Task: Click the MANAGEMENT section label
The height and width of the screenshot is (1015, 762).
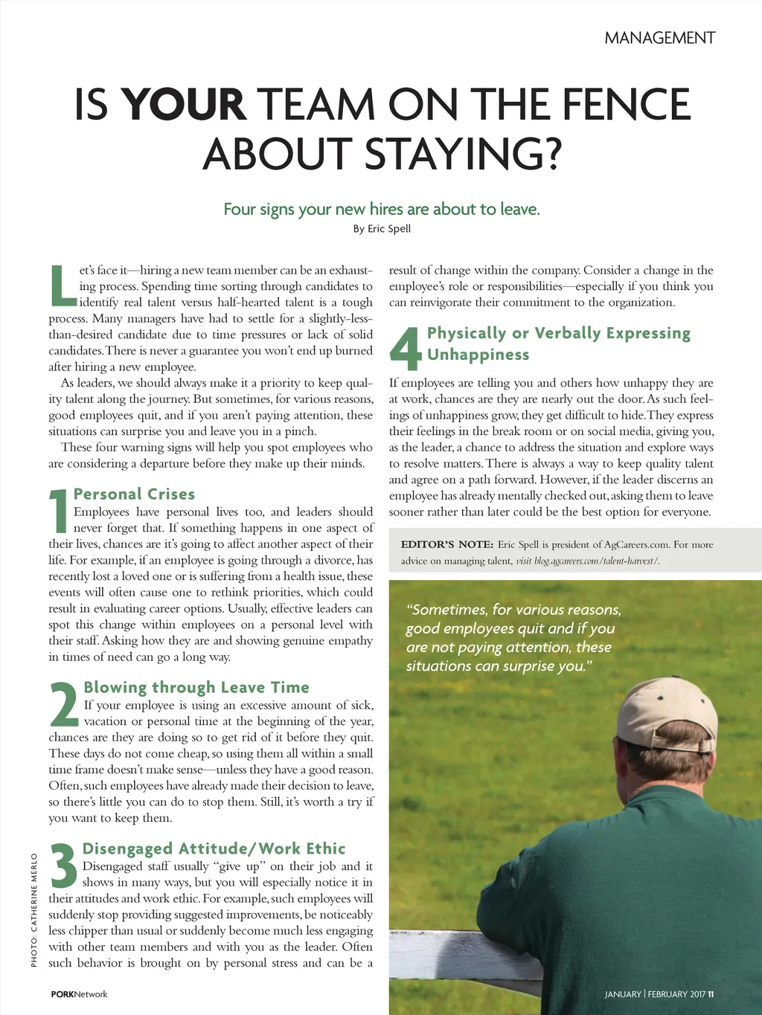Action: coord(659,38)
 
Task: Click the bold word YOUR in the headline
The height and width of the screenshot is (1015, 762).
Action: coord(184,105)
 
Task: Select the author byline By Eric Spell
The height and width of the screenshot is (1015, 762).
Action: coord(381,228)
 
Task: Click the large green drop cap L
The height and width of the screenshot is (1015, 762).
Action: coord(62,286)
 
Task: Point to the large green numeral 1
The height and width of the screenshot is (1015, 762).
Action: coord(59,512)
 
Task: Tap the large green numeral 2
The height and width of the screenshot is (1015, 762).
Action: coord(64,705)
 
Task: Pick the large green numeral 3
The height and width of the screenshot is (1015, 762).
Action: coord(64,866)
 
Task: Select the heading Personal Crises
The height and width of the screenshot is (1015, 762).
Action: coord(134,494)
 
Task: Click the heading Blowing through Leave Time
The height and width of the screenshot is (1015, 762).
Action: coord(196,687)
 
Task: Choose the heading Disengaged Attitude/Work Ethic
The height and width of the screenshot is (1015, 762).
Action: coord(214,848)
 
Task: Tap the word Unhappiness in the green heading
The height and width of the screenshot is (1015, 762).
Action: coord(478,355)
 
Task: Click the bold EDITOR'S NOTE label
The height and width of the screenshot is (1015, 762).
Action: coord(446,544)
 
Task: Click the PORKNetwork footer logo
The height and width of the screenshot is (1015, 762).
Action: coord(79,994)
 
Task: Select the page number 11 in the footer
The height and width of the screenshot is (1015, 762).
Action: coord(711,994)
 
